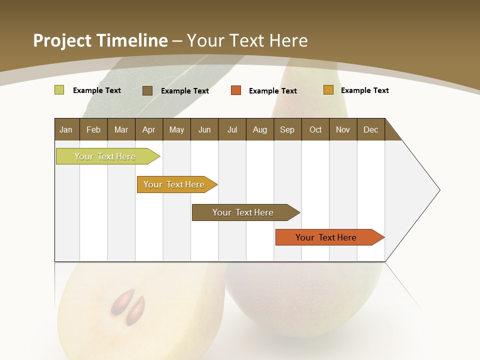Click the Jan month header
pos(66,129)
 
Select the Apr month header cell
pos(149,129)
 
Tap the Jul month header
pos(232,129)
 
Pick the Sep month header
pos(287,129)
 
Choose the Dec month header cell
pos(370,129)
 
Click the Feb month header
pos(93,129)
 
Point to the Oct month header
pos(315,129)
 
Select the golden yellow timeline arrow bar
pos(175,184)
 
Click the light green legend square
pos(59,90)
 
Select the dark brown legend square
pos(147,90)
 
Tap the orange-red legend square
pos(236,90)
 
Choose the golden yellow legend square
pos(328,90)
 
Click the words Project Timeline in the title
pos(100,40)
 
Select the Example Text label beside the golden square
pos(364,90)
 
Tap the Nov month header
pos(343,129)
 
